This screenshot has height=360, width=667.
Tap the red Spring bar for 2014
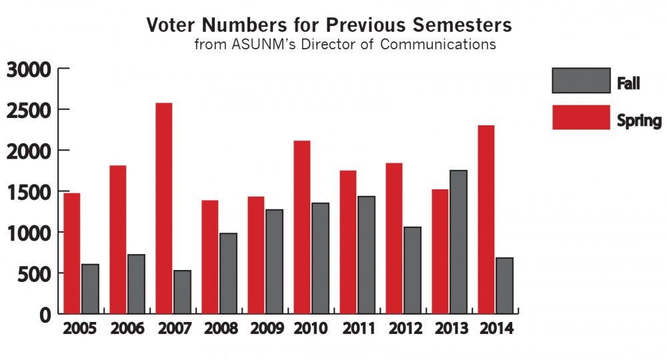coord(487,219)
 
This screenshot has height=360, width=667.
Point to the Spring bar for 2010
coord(301,227)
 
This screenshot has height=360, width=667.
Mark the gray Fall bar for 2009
coord(274,261)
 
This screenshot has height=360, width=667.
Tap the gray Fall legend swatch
coord(580,81)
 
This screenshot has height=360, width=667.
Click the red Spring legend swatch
coord(580,117)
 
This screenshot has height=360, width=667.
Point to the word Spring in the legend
coord(638,121)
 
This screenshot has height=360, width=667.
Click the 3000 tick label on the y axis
coord(29,69)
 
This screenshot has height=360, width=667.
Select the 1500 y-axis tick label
coord(29,192)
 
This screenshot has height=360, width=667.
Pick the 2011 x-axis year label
coord(358,329)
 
